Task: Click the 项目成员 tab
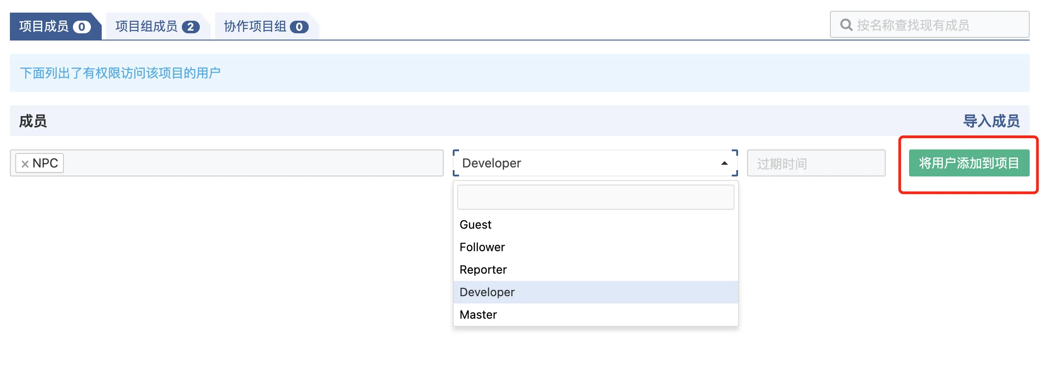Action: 55,26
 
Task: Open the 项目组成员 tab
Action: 157,26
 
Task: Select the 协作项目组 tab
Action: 266,26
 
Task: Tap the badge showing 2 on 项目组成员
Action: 190,27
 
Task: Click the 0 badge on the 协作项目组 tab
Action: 299,27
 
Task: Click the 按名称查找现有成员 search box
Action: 929,25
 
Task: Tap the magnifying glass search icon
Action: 846,25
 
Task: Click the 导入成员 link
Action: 991,121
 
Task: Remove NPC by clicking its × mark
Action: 25,164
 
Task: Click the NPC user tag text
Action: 45,163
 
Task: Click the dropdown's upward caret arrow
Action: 724,163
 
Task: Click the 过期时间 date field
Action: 816,163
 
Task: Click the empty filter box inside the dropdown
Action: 595,197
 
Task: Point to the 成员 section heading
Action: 33,121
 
